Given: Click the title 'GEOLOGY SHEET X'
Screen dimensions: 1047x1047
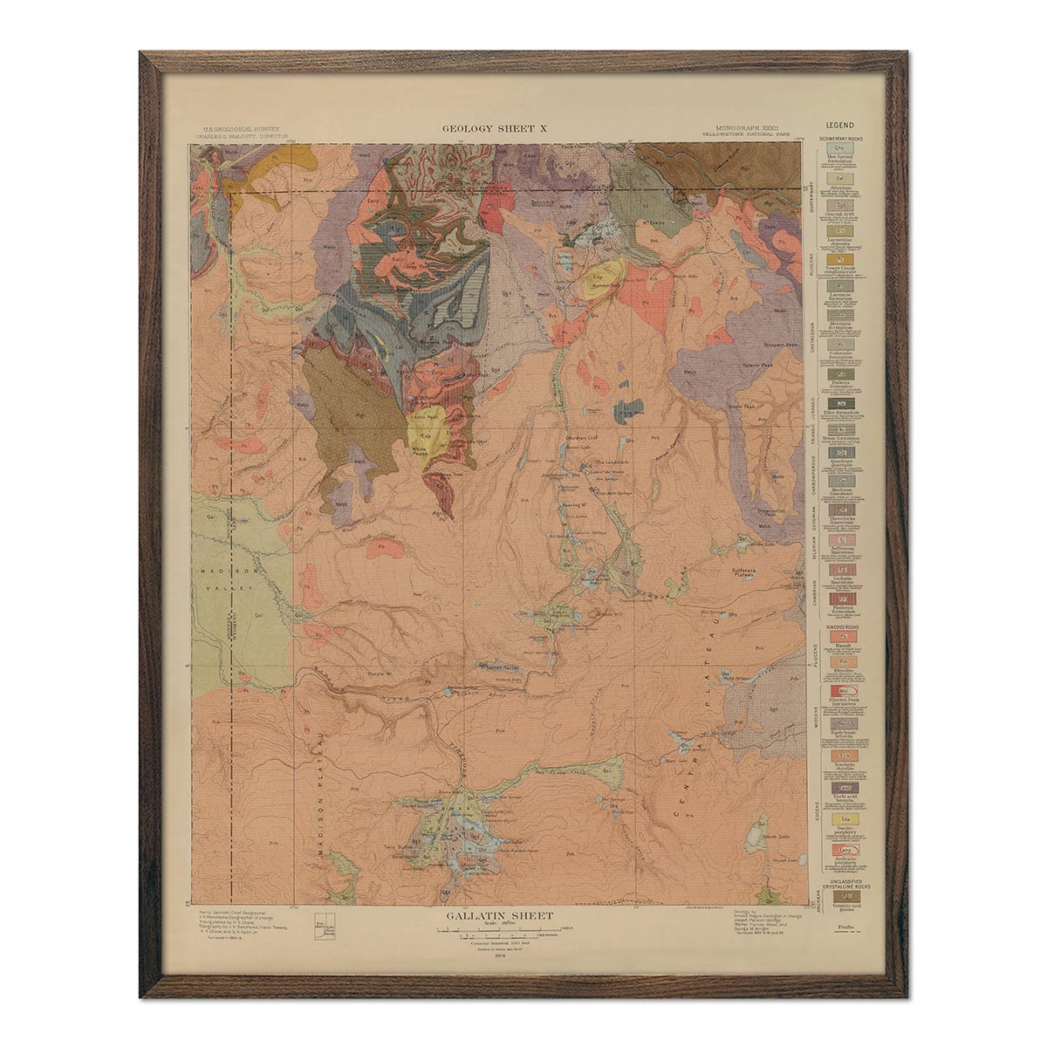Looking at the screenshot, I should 494,128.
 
